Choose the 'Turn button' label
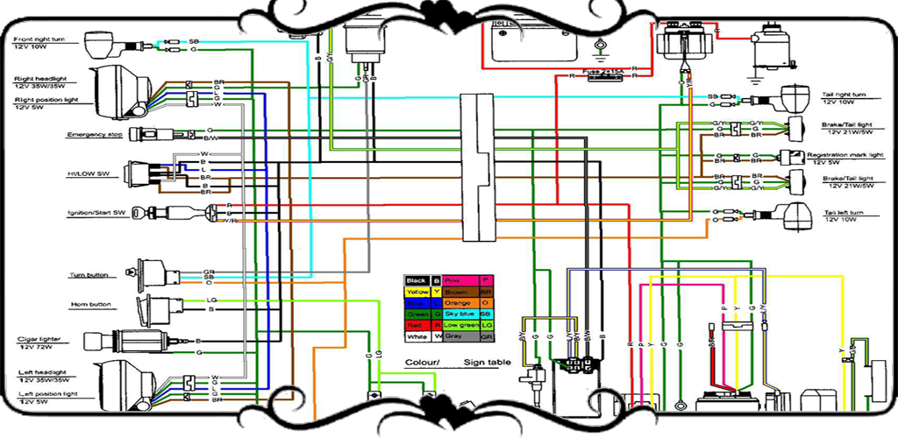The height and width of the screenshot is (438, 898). click(89, 275)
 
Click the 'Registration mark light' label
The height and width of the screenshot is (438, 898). click(852, 154)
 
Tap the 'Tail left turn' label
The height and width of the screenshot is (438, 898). click(844, 213)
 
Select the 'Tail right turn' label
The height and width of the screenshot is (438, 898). click(844, 95)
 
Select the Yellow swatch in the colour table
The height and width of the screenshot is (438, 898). click(417, 291)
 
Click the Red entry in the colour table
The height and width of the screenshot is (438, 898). click(417, 325)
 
